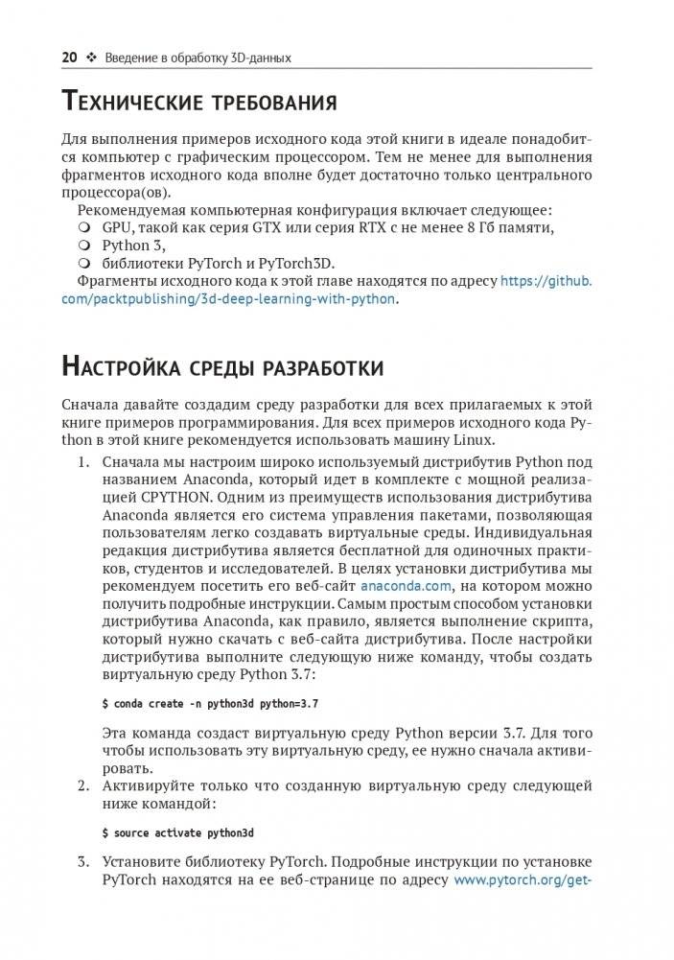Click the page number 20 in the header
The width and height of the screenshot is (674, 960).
click(70, 58)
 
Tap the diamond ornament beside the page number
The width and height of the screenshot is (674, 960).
click(92, 58)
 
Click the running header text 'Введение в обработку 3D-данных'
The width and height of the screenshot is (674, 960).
click(198, 58)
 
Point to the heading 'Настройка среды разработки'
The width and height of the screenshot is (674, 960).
click(222, 366)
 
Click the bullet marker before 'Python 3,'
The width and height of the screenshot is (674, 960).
click(83, 246)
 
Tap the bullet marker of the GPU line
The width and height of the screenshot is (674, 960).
click(83, 227)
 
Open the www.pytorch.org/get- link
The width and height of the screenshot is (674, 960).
click(522, 879)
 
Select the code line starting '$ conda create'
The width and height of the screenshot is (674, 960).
click(210, 703)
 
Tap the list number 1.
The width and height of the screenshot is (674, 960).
click(83, 461)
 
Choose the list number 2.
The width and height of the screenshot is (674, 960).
click(83, 785)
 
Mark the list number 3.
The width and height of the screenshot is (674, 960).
click(83, 861)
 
